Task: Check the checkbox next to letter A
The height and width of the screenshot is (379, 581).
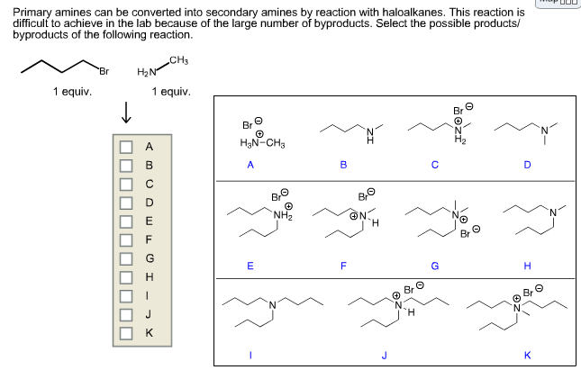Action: tap(127, 146)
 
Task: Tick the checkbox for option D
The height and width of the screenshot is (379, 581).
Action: tap(127, 202)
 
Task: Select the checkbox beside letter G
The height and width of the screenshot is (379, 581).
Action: tap(127, 257)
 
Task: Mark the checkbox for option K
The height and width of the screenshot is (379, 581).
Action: tap(127, 332)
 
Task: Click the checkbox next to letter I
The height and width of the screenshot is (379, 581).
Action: tap(127, 295)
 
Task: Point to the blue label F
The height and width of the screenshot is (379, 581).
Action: tap(343, 266)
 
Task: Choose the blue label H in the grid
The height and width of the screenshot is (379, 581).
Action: tap(527, 266)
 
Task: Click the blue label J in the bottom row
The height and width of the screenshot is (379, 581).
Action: tap(385, 355)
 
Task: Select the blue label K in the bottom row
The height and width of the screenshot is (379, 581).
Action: tap(527, 355)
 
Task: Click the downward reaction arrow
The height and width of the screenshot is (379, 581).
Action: tap(127, 113)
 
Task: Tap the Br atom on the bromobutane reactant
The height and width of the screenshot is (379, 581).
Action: tap(104, 71)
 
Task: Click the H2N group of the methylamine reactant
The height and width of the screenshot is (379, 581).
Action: tap(147, 72)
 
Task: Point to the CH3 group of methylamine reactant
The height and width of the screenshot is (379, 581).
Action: tap(178, 59)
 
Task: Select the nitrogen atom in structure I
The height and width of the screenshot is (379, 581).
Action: tap(273, 312)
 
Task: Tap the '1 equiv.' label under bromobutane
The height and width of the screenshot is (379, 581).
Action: tap(71, 91)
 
